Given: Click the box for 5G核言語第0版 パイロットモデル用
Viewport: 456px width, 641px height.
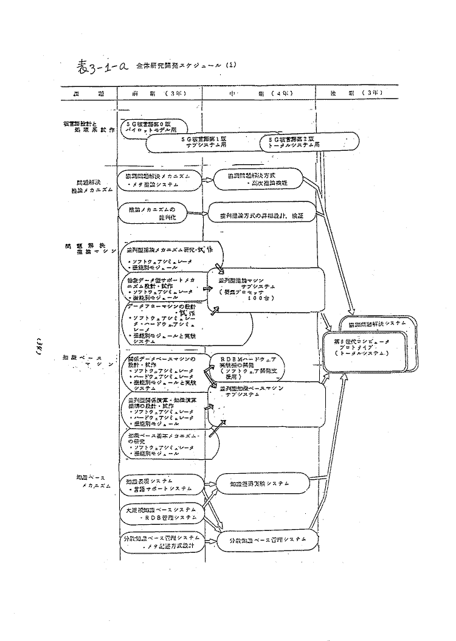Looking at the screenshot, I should click(x=154, y=126).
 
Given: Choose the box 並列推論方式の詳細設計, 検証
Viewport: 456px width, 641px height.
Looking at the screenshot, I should click(x=260, y=215).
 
